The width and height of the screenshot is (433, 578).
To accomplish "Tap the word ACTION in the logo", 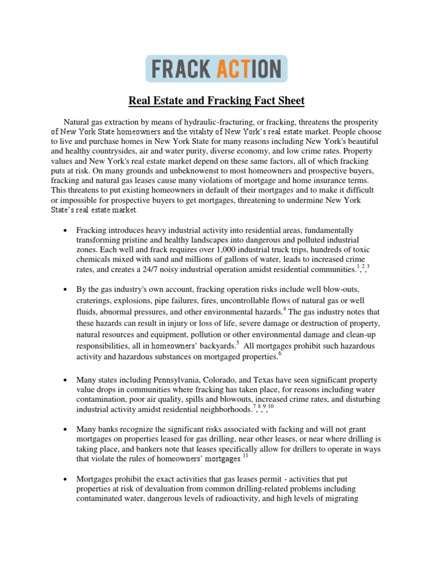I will (248, 69).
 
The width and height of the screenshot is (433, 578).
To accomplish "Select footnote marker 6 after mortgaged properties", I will (280, 353).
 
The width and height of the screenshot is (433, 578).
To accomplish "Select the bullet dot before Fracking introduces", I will (67, 230).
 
